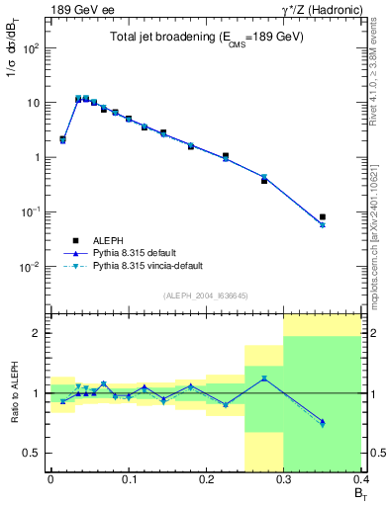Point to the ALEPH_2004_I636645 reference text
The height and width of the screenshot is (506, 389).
205,295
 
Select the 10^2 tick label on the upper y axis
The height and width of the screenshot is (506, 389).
29,48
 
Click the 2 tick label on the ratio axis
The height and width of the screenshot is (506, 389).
38,334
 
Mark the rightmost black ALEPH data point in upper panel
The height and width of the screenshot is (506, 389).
323,216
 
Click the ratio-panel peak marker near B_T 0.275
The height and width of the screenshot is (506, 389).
264,379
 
